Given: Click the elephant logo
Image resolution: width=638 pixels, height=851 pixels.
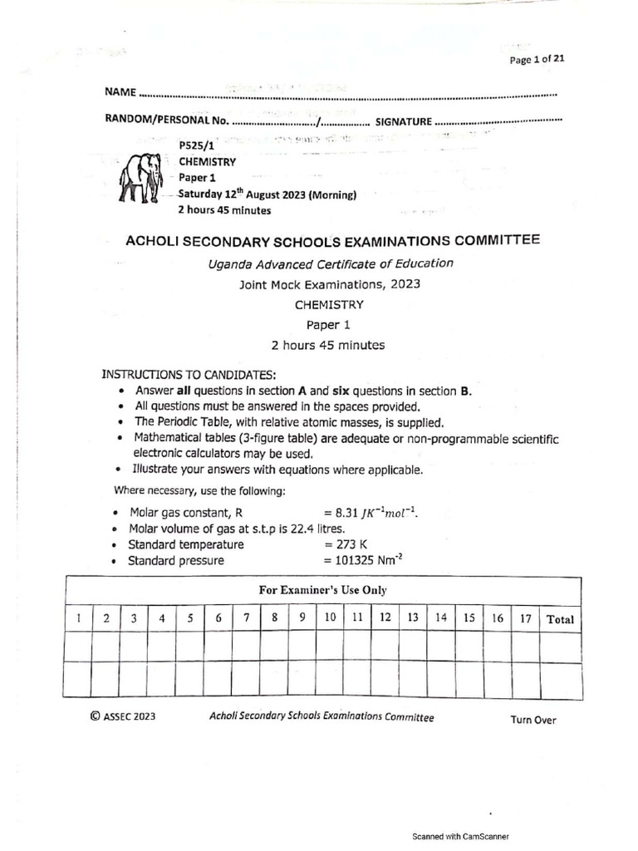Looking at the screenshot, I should click(140, 177).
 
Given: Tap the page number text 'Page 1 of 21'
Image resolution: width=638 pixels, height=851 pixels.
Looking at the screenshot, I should click(537, 58).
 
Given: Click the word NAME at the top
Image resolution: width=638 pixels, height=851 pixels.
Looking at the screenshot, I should click(119, 91).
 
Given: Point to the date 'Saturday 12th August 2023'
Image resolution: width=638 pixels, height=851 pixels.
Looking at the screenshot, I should click(267, 195).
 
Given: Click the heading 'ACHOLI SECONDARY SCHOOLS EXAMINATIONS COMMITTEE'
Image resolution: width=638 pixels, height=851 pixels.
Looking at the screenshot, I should click(331, 241).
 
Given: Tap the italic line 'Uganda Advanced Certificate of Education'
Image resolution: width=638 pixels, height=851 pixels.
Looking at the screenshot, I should click(330, 263).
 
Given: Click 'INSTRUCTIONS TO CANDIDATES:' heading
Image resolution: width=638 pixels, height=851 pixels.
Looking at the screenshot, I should click(189, 375).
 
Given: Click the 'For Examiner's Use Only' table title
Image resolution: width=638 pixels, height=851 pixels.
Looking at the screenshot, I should click(322, 590).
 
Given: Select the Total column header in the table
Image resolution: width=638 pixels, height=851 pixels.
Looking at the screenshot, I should click(560, 619).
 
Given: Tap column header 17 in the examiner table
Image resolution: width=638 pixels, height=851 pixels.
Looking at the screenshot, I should click(525, 618).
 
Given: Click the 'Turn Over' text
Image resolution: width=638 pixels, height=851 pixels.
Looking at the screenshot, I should click(533, 721).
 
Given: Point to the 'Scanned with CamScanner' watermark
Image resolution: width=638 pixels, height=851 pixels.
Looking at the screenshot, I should click(461, 837).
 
